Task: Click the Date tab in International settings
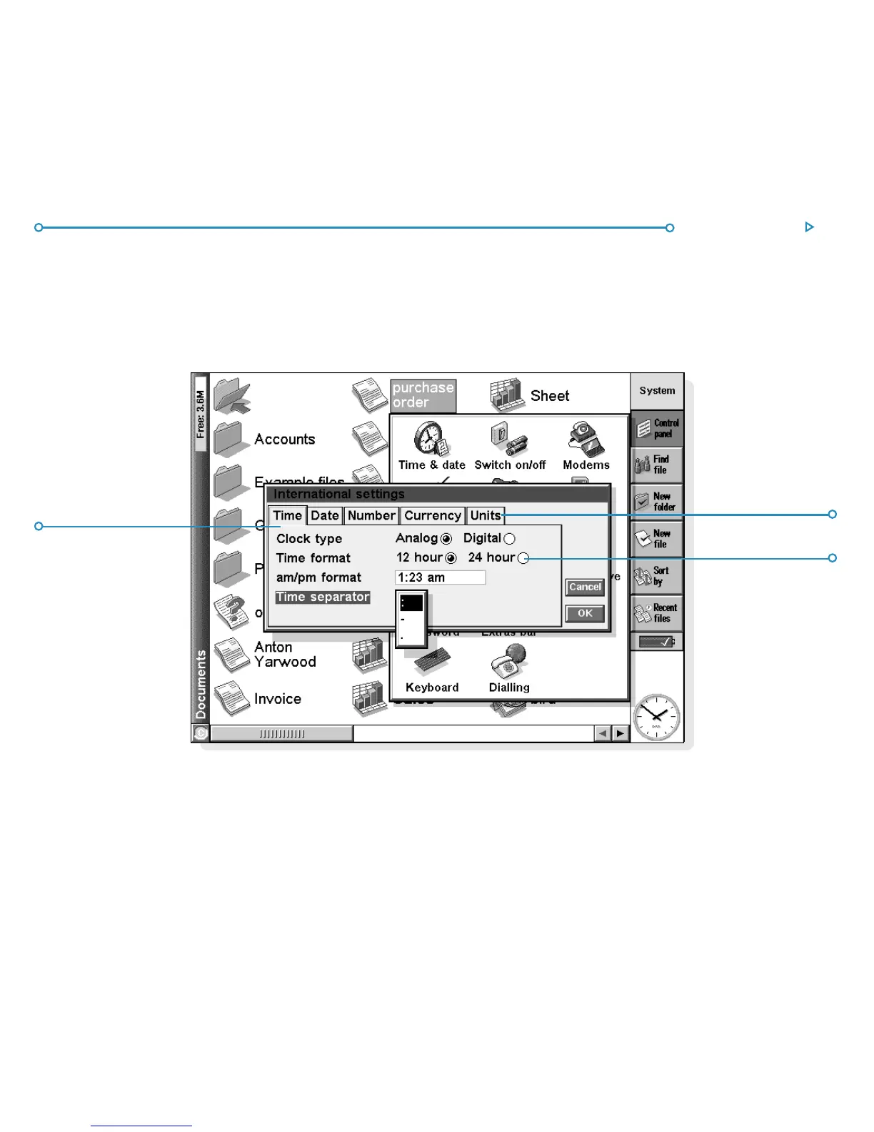click(x=325, y=516)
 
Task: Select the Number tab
click(x=371, y=516)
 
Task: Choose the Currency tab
click(x=433, y=516)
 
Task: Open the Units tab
click(x=486, y=516)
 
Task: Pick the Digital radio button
click(x=509, y=539)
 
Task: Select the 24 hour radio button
click(x=523, y=558)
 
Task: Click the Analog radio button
click(x=446, y=539)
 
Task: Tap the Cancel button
click(x=585, y=587)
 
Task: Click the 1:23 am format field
click(x=440, y=577)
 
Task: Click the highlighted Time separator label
click(x=323, y=597)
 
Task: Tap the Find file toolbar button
click(x=656, y=465)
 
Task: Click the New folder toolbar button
click(x=656, y=502)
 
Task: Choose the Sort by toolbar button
click(x=656, y=576)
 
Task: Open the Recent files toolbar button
click(x=656, y=613)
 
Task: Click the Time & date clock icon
click(x=431, y=439)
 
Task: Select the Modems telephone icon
click(x=586, y=439)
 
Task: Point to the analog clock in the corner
click(x=656, y=717)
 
